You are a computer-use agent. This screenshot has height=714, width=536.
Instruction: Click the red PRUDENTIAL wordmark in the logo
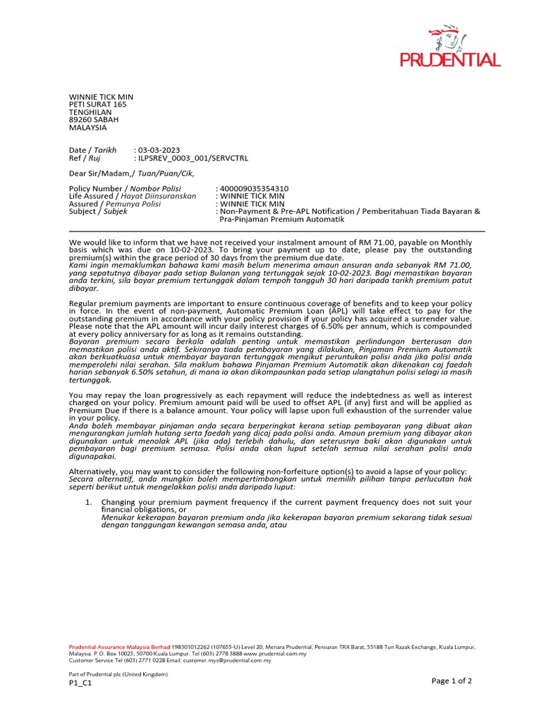click(x=450, y=60)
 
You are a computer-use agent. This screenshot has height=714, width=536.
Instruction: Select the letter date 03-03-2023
click(x=160, y=150)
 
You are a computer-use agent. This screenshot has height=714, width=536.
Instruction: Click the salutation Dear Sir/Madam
click(x=101, y=174)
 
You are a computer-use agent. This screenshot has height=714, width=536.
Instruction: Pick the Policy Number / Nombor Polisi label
click(x=125, y=188)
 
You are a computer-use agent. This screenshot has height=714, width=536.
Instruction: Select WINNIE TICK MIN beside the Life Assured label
click(x=252, y=196)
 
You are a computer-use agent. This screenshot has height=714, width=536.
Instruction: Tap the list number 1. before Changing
click(x=89, y=502)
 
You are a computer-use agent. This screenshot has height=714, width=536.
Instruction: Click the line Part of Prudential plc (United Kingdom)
click(x=118, y=674)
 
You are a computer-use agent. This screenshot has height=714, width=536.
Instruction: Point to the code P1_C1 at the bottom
click(x=80, y=683)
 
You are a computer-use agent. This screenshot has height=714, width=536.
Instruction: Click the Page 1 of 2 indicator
click(x=452, y=681)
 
